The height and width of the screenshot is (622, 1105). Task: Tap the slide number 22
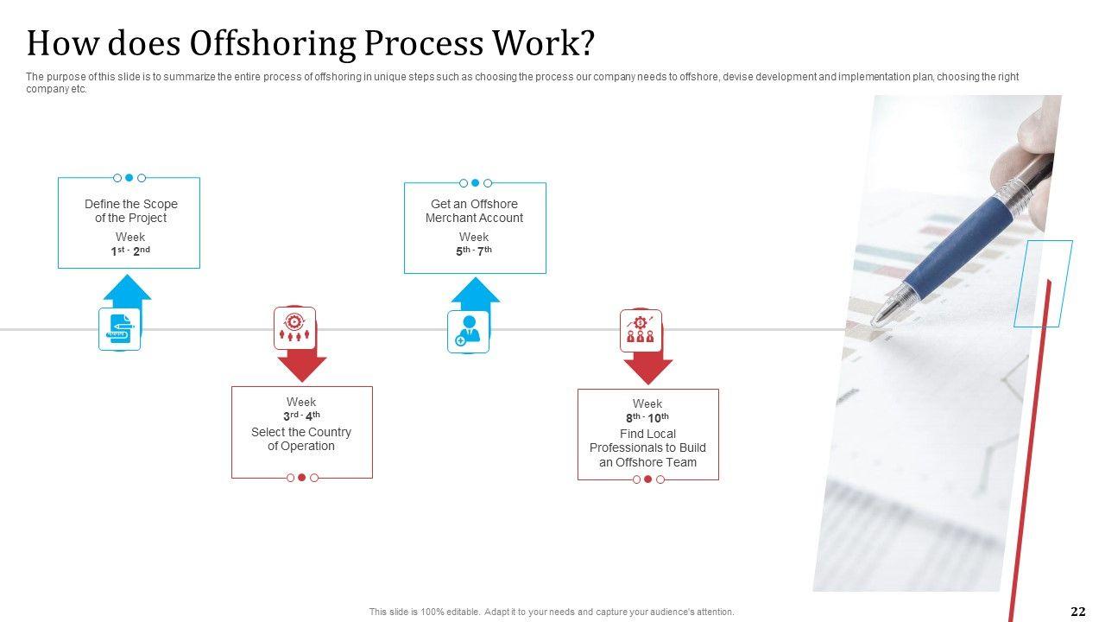coord(1077,612)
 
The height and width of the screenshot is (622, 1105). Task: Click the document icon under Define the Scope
coord(120,329)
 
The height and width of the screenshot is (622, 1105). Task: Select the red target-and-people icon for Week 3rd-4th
coord(294,328)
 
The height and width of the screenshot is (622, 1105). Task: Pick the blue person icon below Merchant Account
coord(468,332)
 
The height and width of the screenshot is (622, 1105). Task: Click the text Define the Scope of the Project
coord(130,211)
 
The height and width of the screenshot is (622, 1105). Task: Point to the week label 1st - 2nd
coord(130,251)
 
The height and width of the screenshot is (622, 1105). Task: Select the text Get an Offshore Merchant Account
coord(474,211)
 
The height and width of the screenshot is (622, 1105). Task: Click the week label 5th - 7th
coord(474,251)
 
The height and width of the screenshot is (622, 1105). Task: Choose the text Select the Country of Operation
coord(301,439)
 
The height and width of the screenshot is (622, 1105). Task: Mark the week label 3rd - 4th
coord(301,416)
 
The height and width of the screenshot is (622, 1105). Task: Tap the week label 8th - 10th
coord(647,417)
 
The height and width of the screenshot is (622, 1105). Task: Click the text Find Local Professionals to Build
coord(647,441)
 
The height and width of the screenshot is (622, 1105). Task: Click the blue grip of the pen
coord(958,245)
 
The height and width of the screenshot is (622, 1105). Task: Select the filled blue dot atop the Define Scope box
coord(129,178)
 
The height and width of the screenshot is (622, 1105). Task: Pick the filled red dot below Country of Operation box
coord(302,477)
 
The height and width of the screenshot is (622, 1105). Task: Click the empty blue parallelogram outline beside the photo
coord(1043,283)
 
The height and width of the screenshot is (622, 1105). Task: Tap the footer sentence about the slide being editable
coord(552,612)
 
